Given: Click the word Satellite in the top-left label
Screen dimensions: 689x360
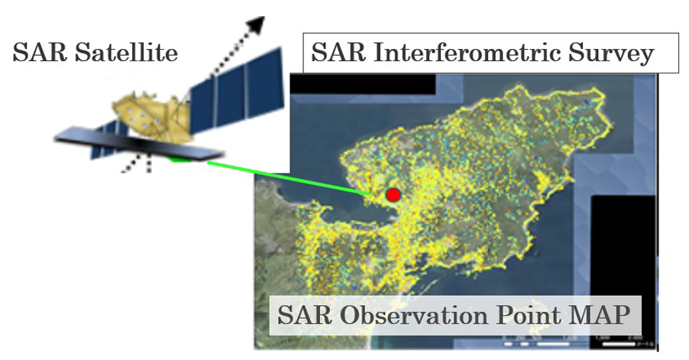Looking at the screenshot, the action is click(127, 52).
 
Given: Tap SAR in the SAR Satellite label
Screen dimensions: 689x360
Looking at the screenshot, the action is click(40, 52).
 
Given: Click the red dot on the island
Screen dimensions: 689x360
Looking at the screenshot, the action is click(393, 195).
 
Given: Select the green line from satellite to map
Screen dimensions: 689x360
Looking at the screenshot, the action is click(289, 178).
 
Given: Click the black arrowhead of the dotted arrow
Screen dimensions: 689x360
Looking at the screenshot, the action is click(255, 25).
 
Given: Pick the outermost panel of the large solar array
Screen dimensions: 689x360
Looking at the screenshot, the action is click(264, 83).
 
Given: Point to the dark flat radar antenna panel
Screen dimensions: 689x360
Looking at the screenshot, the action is click(139, 144).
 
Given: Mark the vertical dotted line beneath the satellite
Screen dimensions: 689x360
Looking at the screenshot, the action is click(149, 164).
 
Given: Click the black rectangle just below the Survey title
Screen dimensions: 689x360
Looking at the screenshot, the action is click(363, 83).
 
